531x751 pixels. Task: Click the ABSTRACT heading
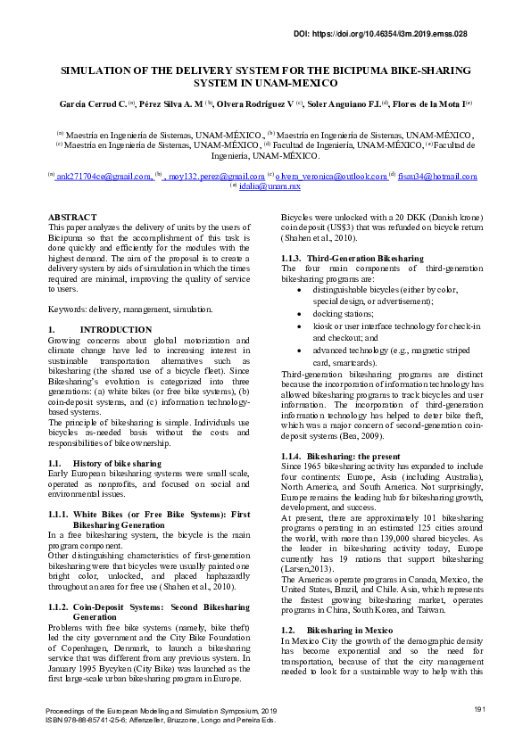(x=72, y=218)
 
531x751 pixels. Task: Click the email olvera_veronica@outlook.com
(x=331, y=177)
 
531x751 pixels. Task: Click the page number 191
(x=478, y=708)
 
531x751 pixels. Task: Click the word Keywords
(x=68, y=309)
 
